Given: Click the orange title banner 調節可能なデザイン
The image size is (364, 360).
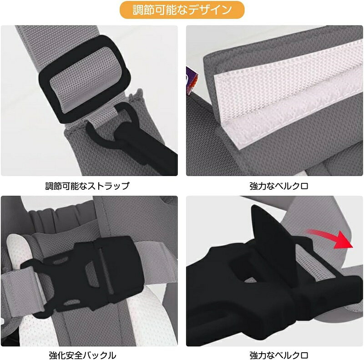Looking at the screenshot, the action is point(182,10).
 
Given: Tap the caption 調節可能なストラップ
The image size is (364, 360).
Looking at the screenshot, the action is point(87,186).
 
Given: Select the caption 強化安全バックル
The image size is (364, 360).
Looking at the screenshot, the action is point(82,355).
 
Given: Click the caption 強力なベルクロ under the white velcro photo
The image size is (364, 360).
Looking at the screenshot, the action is point(279,186).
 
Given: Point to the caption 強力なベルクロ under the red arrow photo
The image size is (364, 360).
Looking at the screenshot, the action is point(279,355).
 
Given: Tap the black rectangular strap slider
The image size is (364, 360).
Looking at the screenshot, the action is point(84,79).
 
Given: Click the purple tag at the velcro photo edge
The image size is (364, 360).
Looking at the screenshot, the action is point(191,80).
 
